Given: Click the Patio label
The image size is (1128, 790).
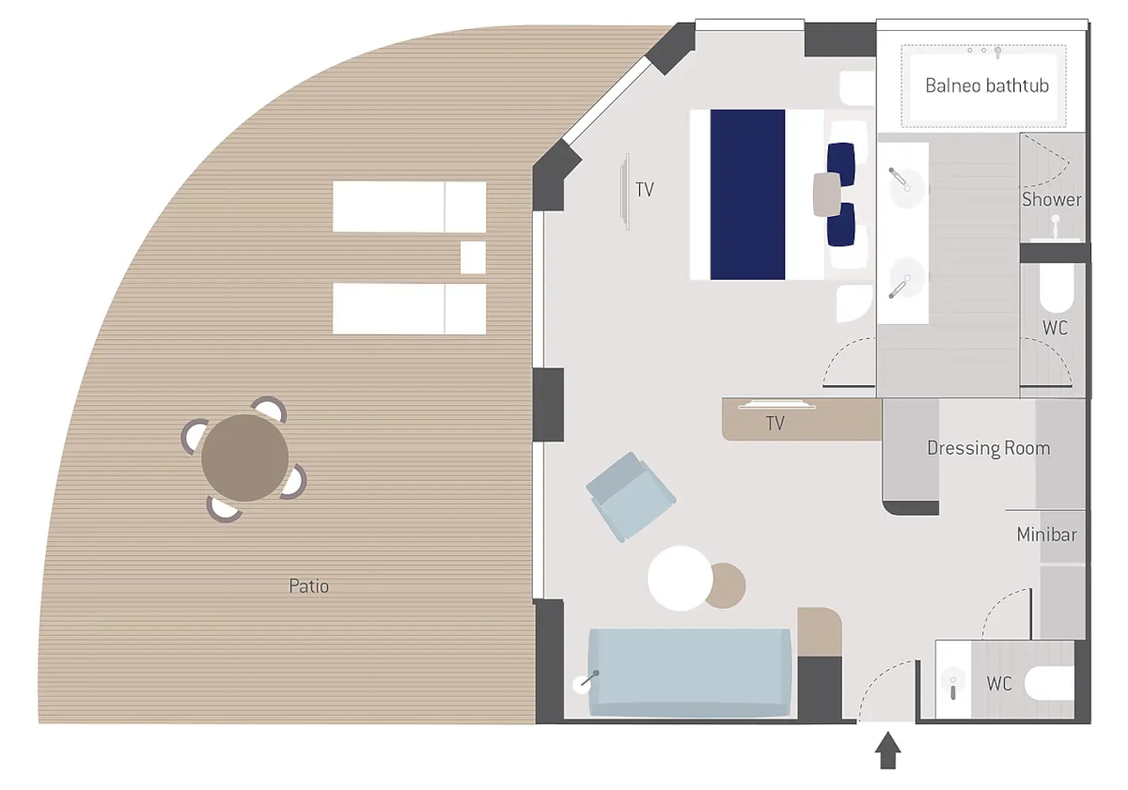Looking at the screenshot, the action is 308,586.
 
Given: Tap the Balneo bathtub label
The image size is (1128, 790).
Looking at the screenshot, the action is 987,86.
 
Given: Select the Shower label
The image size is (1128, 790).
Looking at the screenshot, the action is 1052,200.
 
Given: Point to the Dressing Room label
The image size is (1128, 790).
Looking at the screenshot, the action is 989,448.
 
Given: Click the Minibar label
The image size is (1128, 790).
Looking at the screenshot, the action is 1046,534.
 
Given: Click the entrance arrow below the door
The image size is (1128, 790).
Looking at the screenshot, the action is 887,751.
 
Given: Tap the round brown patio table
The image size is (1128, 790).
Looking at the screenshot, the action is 244,457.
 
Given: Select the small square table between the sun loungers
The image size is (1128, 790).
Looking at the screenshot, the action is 473,257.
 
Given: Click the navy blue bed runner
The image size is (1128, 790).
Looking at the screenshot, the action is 747,194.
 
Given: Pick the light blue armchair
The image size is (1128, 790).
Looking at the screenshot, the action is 631,497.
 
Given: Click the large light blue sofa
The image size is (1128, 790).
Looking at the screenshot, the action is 689,673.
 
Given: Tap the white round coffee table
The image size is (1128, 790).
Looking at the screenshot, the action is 680,579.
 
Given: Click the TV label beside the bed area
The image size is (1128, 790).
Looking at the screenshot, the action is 645,190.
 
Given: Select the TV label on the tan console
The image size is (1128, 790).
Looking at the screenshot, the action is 775,424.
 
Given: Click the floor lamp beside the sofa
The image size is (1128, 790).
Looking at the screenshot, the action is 584,683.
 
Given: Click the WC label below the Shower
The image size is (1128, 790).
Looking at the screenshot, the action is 1055,328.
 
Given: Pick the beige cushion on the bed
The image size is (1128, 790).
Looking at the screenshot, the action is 827,194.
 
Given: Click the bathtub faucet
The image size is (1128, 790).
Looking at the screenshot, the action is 997,52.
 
